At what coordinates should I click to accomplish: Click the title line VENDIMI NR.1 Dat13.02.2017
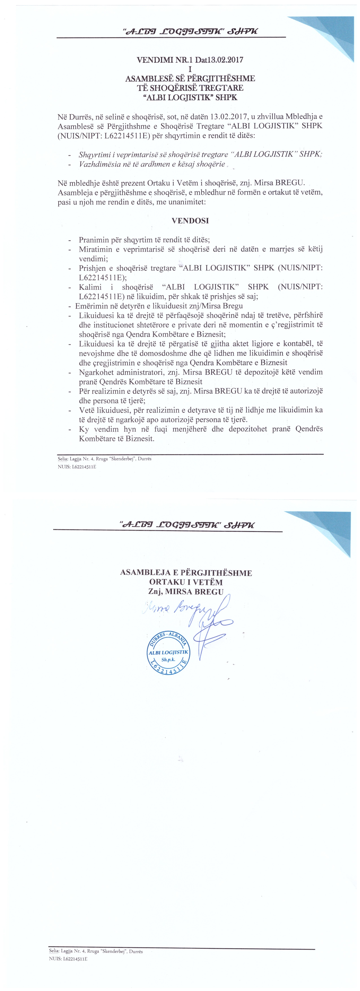point(190,60)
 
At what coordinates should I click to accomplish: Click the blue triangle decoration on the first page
point(325,37)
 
